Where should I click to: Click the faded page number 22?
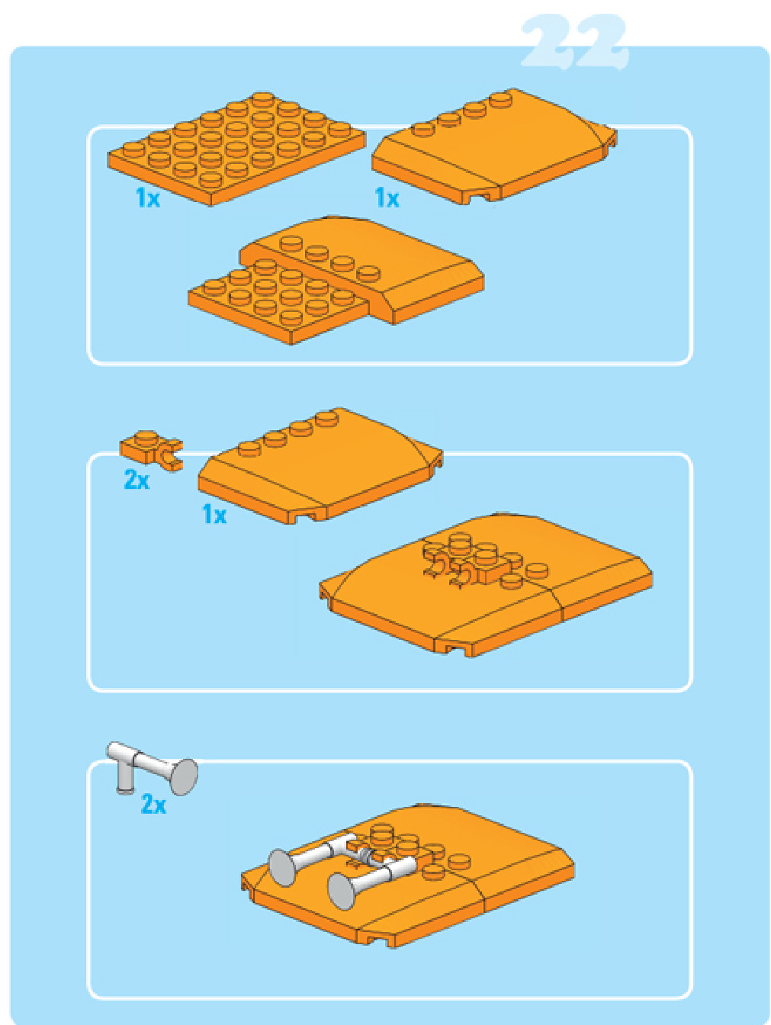tap(574, 43)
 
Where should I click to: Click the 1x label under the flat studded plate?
tap(148, 198)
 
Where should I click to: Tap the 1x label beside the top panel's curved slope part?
tap(387, 198)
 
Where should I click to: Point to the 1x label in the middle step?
tap(214, 514)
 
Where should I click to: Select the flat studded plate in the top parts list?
tap(236, 149)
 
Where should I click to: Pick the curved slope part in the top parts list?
tap(494, 146)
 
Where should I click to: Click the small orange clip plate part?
tap(151, 449)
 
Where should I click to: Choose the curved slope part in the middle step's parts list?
tap(320, 465)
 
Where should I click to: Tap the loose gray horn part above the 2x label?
tap(152, 768)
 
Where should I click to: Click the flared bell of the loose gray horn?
tap(183, 776)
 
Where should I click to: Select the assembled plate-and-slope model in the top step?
tap(336, 280)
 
